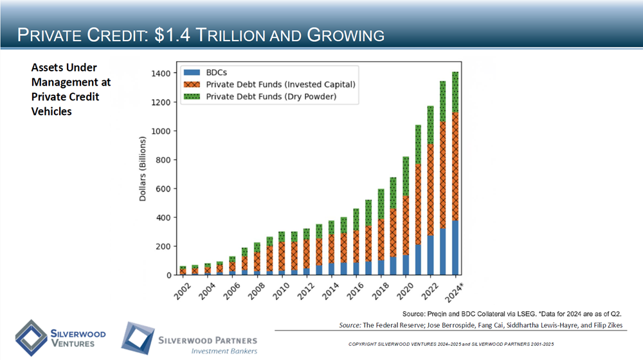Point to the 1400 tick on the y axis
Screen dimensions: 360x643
click(x=161, y=73)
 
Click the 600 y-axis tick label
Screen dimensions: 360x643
click(x=163, y=188)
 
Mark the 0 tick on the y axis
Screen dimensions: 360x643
click(x=168, y=275)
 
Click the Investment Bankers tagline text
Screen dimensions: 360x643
click(x=224, y=351)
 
